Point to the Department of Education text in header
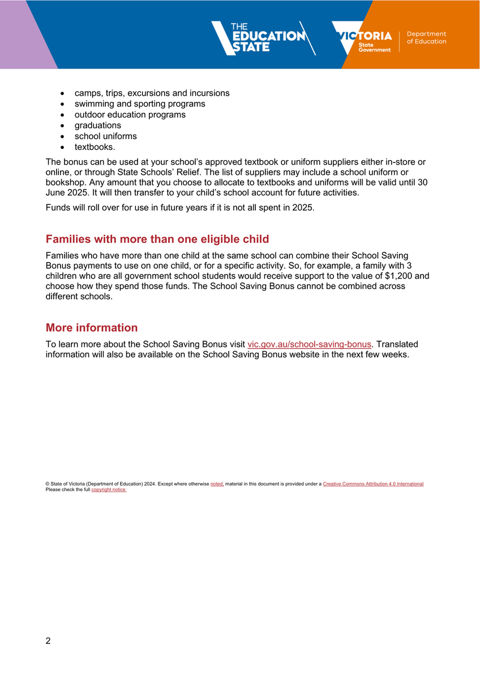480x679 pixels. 426,38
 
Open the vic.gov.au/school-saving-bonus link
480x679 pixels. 310,344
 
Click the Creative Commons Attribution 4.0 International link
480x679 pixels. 373,484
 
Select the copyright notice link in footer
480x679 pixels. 109,489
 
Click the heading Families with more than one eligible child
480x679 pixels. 157,239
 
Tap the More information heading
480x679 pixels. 92,328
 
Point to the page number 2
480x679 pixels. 48,641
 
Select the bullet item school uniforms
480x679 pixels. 106,136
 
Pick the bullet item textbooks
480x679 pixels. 95,147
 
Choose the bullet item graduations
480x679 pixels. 98,126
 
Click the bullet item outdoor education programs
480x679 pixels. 130,115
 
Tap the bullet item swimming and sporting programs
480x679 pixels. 140,104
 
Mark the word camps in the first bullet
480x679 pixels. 87,93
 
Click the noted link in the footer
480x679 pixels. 217,484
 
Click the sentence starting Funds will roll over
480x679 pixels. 179,208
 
